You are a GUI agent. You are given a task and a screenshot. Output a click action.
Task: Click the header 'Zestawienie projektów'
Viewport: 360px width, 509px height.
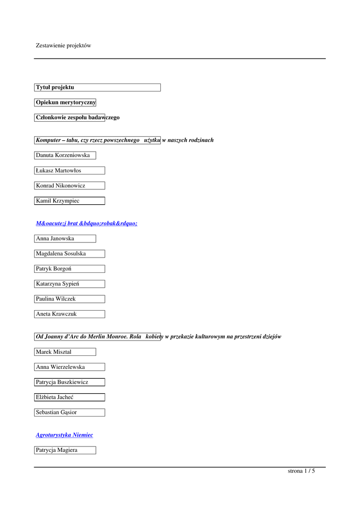pyautogui.click(x=64, y=46)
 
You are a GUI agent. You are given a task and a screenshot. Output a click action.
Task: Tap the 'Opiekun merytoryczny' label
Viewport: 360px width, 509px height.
pyautogui.click(x=65, y=102)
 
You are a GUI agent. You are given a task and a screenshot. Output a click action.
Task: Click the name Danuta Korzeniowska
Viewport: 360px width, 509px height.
pyautogui.click(x=63, y=155)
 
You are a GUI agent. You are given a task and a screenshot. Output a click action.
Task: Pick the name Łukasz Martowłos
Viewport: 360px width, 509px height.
pyautogui.click(x=59, y=170)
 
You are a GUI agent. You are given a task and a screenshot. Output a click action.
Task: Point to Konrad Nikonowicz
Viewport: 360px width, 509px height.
pyautogui.click(x=61, y=185)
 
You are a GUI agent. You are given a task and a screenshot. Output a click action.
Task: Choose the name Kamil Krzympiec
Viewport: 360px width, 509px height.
pyautogui.click(x=58, y=201)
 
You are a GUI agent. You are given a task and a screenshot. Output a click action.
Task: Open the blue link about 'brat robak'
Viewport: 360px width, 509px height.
pyautogui.click(x=86, y=224)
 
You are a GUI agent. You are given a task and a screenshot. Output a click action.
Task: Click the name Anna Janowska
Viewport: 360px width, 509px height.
pyautogui.click(x=55, y=239)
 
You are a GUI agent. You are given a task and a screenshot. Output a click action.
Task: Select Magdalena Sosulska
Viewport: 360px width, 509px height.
pyautogui.click(x=61, y=254)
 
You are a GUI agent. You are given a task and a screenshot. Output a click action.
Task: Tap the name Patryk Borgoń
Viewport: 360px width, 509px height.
pyautogui.click(x=54, y=269)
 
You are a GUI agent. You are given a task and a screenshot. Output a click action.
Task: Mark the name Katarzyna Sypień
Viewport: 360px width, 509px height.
pyautogui.click(x=58, y=284)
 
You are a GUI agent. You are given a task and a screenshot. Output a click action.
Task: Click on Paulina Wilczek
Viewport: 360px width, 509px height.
pyautogui.click(x=56, y=299)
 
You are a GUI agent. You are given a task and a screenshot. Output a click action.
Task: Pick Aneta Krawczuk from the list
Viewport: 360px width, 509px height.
pyautogui.click(x=57, y=314)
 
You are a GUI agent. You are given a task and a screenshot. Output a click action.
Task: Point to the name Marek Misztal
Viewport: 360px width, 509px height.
pyautogui.click(x=54, y=352)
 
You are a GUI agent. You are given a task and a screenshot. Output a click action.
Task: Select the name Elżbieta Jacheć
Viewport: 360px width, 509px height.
pyautogui.click(x=57, y=397)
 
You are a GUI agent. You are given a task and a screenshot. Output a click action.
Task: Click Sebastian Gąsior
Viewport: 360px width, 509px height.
pyautogui.click(x=57, y=412)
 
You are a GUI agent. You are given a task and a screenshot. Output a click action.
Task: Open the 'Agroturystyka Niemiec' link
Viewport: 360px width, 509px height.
pyautogui.click(x=65, y=435)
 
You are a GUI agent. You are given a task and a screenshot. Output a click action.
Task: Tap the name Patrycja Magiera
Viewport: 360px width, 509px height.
pyautogui.click(x=57, y=450)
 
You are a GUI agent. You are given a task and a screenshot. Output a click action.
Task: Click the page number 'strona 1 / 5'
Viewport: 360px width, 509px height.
pyautogui.click(x=301, y=471)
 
